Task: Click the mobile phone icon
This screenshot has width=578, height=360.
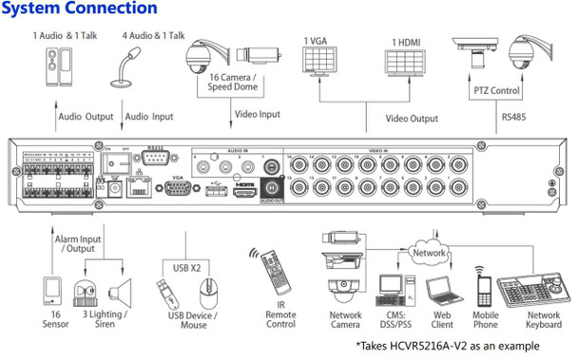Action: pyautogui.click(x=487, y=286)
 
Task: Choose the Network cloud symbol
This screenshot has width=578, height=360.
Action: pyautogui.click(x=430, y=253)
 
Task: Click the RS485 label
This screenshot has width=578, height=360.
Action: pyautogui.click(x=515, y=117)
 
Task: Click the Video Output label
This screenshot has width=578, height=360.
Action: pyautogui.click(x=412, y=119)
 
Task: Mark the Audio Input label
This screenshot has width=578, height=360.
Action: pyautogui.click(x=148, y=118)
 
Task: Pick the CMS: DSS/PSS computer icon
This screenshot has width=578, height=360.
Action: pyautogui.click(x=391, y=288)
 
